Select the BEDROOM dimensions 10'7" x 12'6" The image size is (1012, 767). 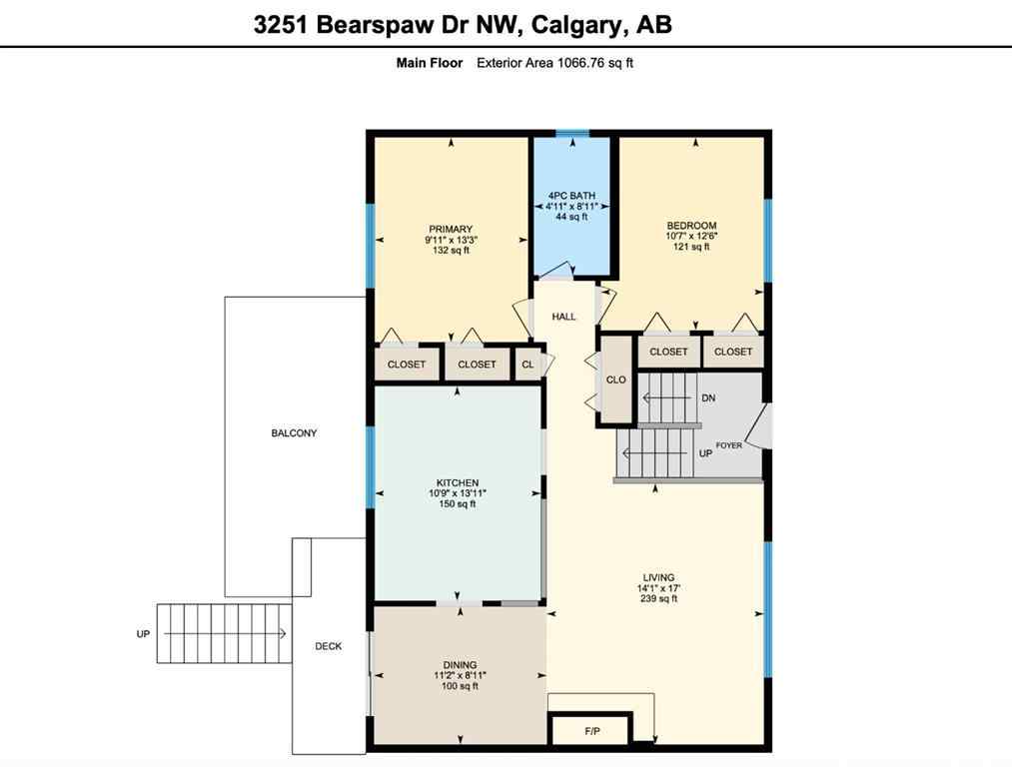(x=692, y=236)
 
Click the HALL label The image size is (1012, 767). (x=564, y=317)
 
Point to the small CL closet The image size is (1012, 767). (x=527, y=365)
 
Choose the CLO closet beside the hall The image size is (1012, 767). (x=616, y=380)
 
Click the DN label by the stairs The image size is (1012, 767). (x=708, y=398)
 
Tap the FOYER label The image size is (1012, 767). (x=728, y=445)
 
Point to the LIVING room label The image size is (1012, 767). (x=658, y=577)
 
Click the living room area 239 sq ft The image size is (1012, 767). (x=658, y=600)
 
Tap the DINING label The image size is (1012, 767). (x=460, y=665)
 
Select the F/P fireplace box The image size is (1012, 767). (x=591, y=731)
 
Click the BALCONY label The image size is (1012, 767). (x=294, y=433)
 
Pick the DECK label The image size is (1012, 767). (x=329, y=646)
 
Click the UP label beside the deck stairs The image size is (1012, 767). (x=144, y=634)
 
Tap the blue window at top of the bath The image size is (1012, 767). (x=571, y=133)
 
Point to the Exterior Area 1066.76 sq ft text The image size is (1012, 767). (x=554, y=62)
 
